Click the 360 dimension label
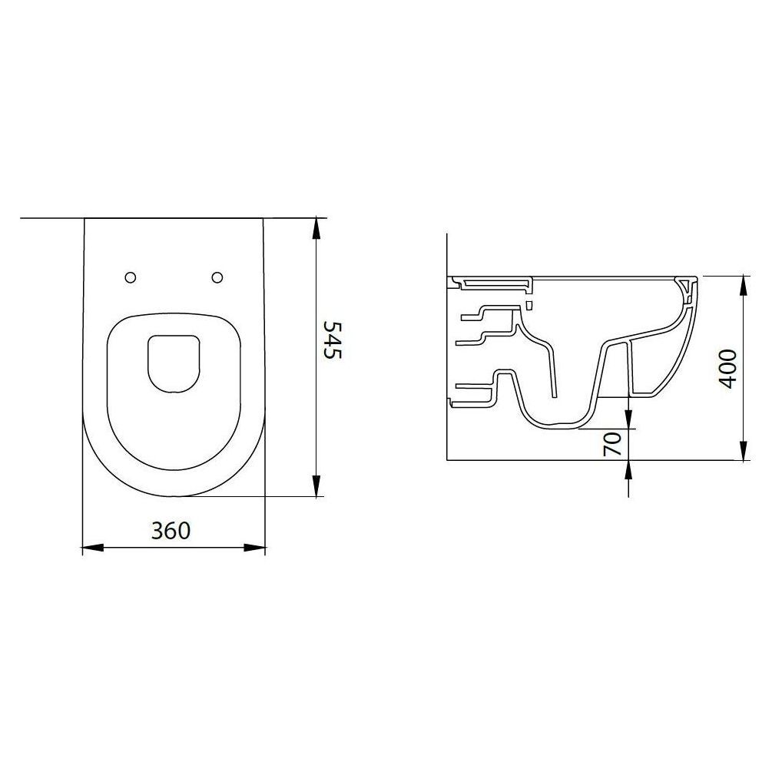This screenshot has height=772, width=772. point(171,530)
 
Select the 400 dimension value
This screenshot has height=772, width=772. point(728,369)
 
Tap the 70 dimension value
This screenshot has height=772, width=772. point(611,444)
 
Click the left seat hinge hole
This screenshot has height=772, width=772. point(131,277)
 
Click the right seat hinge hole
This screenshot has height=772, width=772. point(217,277)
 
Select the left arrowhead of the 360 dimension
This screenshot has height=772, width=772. point(93,547)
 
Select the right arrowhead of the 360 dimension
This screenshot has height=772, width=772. point(254,547)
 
